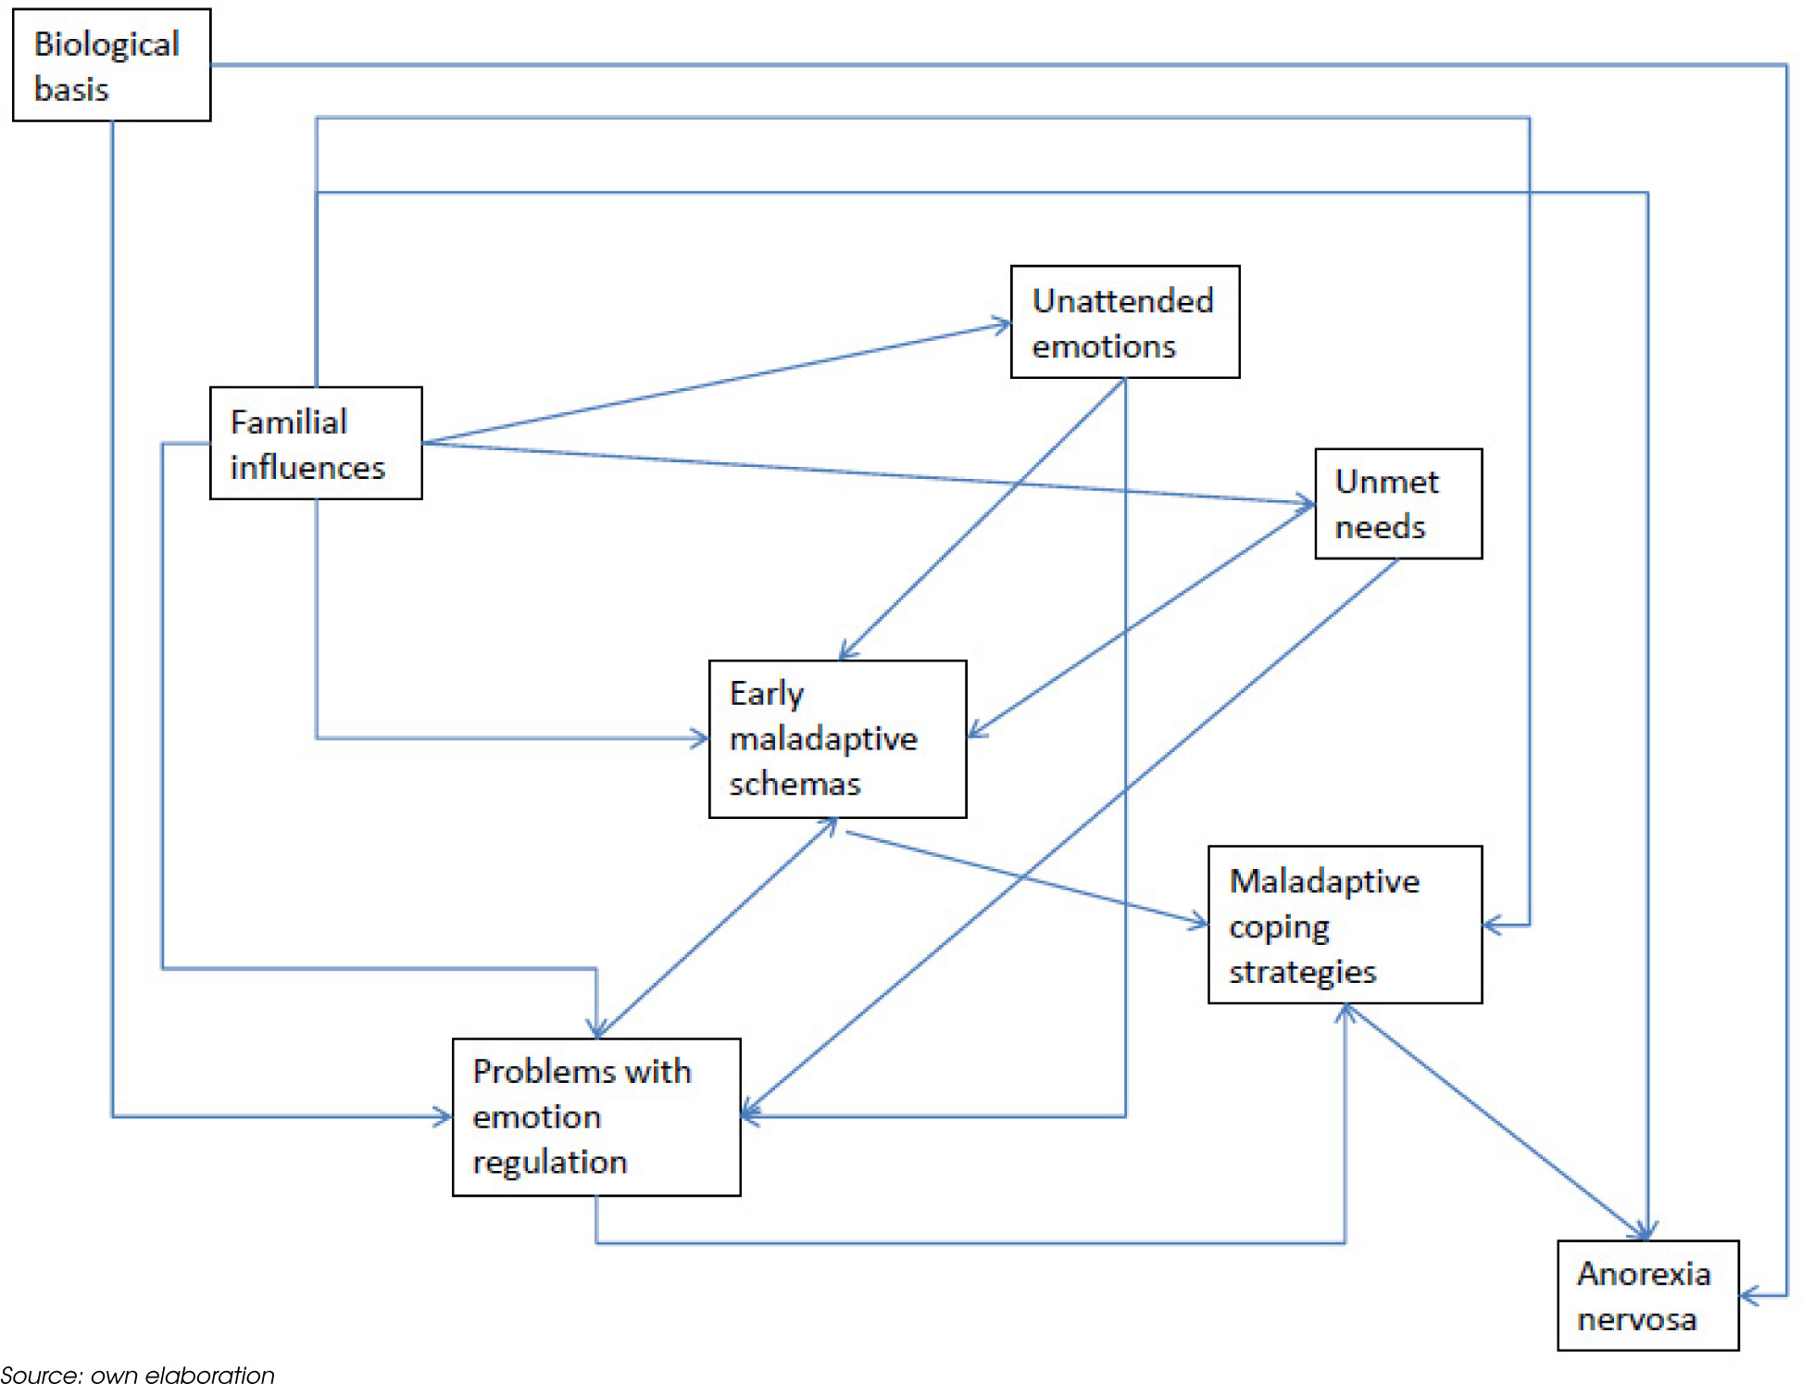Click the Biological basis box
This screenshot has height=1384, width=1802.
111,65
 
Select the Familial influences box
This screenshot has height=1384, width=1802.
316,443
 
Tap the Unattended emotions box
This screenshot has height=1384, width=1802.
1124,321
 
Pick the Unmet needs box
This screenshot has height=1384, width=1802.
1397,503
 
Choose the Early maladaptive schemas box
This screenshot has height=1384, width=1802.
837,738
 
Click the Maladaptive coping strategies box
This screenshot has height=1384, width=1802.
1344,924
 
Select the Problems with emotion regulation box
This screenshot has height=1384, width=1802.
595,1116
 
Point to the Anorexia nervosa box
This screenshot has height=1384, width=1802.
1646,1295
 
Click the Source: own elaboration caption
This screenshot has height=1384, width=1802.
138,1374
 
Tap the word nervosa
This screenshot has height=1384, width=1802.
1636,1318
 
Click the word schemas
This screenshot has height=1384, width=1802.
795,784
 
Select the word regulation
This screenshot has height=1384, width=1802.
549,1162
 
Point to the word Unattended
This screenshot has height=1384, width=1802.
1122,300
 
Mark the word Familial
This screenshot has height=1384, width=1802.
288,421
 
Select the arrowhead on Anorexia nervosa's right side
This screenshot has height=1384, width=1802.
1748,1295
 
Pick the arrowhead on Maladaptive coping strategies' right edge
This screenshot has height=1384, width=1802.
1491,924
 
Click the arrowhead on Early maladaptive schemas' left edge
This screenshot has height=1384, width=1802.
700,738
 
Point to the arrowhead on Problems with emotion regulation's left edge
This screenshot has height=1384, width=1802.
444,1116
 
